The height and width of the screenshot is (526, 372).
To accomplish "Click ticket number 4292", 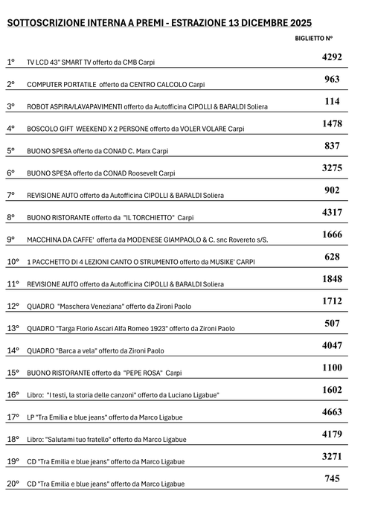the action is coord(332,57).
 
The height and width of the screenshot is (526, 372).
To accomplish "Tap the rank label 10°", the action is coord(13,262).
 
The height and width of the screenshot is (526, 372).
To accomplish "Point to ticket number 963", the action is coord(332,79).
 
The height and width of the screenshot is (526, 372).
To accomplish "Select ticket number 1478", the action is coord(332,124).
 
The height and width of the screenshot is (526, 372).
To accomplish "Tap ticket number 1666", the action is coord(332,234).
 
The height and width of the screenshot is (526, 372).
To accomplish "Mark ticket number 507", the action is coord(332,323).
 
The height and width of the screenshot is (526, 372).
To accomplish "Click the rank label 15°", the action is coord(13,372).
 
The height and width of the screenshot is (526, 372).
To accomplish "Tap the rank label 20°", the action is coord(13,484).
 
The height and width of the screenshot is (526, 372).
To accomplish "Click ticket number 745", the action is coord(332,478).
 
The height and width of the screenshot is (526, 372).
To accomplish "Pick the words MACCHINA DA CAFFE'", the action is coord(60,240).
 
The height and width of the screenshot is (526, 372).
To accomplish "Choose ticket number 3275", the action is coord(332,168).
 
